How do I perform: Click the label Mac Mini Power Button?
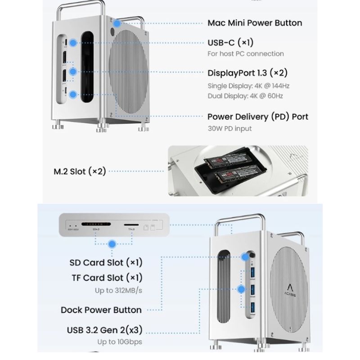click(255, 23)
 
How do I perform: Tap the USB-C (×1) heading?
click(230, 43)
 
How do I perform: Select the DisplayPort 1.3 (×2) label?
click(247, 73)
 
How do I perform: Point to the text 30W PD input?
click(229, 128)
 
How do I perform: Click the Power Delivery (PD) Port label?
click(258, 117)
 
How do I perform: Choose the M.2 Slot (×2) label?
click(80, 171)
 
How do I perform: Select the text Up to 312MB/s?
click(118, 290)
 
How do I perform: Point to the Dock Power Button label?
click(101, 310)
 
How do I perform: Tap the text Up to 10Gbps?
click(119, 342)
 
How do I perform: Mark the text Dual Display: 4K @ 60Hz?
click(245, 96)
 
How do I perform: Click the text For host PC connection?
click(246, 54)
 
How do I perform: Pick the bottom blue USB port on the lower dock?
click(252, 307)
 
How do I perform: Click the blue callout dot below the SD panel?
click(112, 244)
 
